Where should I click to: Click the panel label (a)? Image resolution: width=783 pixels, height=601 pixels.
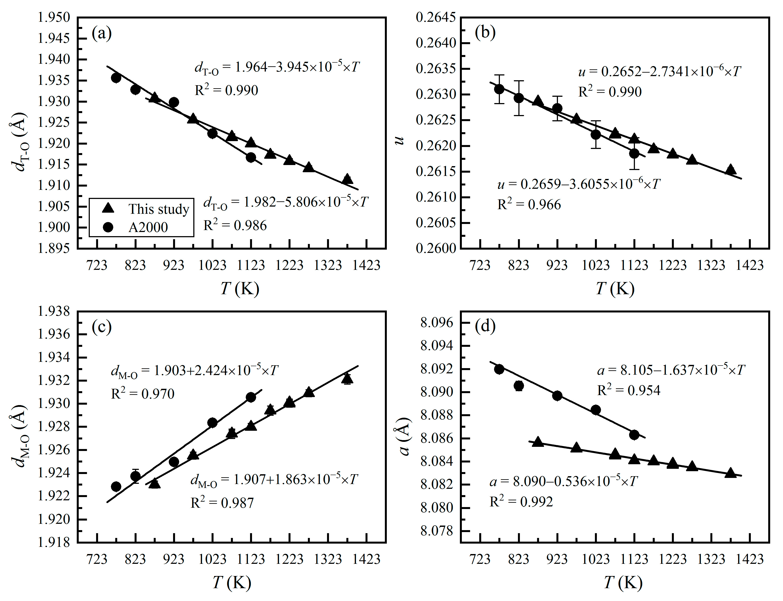[102, 34]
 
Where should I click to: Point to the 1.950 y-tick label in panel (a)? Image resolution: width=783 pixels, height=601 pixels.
[54, 17]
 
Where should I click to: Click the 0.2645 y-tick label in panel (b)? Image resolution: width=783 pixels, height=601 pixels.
[436, 17]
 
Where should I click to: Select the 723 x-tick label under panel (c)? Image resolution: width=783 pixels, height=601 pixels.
[97, 559]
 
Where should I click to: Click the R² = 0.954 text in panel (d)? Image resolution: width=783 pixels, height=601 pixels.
[628, 390]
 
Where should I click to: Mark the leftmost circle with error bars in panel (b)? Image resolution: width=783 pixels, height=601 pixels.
[499, 89]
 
